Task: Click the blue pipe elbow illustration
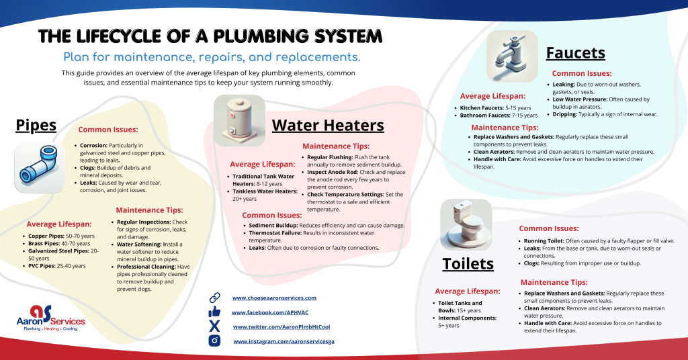(x=39, y=167)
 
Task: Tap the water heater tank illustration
(x=240, y=120)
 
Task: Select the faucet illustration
(x=513, y=56)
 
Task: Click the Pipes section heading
(x=36, y=126)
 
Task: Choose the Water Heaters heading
(x=328, y=125)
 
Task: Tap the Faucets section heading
(x=576, y=52)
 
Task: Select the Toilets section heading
(x=468, y=264)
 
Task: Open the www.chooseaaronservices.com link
(x=273, y=298)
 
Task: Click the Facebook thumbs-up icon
(x=215, y=312)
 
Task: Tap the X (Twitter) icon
(x=215, y=326)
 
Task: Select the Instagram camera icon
(x=215, y=341)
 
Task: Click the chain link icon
(x=215, y=297)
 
